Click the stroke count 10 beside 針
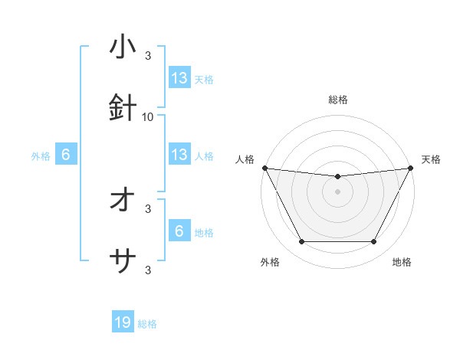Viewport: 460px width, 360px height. point(148,116)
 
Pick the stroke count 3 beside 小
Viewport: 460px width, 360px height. point(148,55)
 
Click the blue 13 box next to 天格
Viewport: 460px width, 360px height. point(179,78)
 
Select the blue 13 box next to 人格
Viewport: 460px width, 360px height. point(179,155)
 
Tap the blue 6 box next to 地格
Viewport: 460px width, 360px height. point(179,231)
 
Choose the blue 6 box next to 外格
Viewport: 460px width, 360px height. point(66,155)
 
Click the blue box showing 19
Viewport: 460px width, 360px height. point(123,322)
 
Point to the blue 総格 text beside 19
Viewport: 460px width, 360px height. point(147,324)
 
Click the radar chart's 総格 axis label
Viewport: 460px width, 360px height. point(338,100)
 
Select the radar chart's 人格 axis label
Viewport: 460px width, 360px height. point(245,159)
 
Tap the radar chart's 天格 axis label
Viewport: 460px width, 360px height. point(431,159)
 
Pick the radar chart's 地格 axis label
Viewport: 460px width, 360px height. point(402,262)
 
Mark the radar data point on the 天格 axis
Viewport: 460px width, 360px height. point(412,168)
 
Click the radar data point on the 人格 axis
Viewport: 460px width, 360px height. point(264,168)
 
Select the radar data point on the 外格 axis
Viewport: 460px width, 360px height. point(301,242)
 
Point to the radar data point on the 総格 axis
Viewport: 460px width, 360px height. point(338,177)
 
